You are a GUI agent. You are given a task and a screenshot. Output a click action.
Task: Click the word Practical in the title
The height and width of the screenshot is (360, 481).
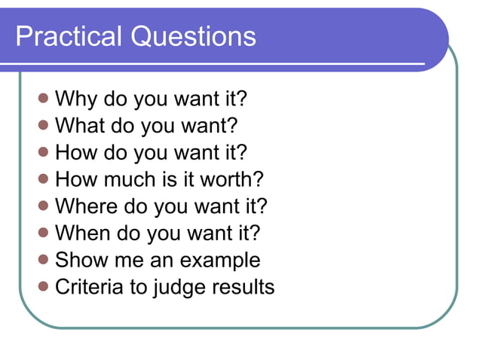point(69,36)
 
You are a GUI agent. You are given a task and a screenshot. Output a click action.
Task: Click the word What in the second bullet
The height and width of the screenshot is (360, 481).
point(80,125)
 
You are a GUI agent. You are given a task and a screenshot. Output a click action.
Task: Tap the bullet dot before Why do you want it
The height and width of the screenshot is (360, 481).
point(44,98)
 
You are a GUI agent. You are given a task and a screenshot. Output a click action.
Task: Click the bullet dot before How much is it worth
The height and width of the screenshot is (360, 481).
point(44,178)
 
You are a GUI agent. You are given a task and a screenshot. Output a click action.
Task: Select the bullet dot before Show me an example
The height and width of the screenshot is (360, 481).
point(44,259)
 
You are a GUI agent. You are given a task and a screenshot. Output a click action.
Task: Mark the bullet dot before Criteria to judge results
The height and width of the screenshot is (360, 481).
point(44,286)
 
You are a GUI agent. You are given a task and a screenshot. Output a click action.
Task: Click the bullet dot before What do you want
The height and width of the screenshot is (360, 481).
point(44,124)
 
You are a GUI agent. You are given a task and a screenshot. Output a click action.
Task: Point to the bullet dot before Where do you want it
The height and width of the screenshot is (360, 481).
point(44,205)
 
